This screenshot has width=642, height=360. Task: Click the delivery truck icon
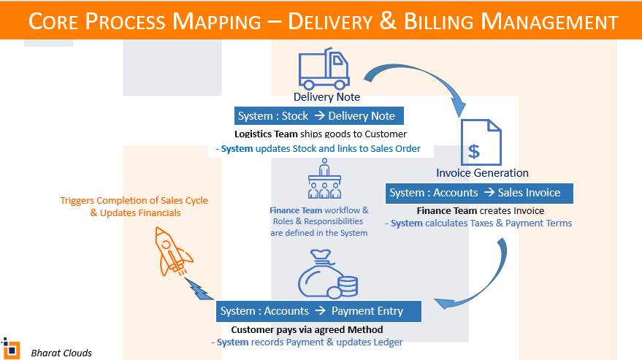pos(324,69)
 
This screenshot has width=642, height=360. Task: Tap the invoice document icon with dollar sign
pos(481,143)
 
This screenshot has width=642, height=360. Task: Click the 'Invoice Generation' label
pos(482,173)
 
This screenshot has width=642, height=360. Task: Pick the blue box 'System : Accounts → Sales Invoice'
pos(479,193)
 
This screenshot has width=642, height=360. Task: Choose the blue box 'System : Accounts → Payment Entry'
pos(319,311)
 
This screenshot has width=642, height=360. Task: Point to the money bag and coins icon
pos(325,276)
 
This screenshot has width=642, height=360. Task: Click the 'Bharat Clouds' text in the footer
pos(61,353)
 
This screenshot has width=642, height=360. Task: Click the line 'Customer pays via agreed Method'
pos(307,330)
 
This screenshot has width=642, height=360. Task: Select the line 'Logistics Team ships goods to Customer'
pos(320,134)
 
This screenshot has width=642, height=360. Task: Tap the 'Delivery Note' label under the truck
pos(326,97)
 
